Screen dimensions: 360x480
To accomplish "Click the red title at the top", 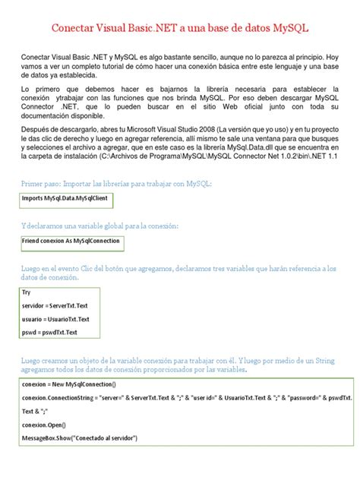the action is [180, 28].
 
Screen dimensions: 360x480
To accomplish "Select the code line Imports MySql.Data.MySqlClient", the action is [60, 200].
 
